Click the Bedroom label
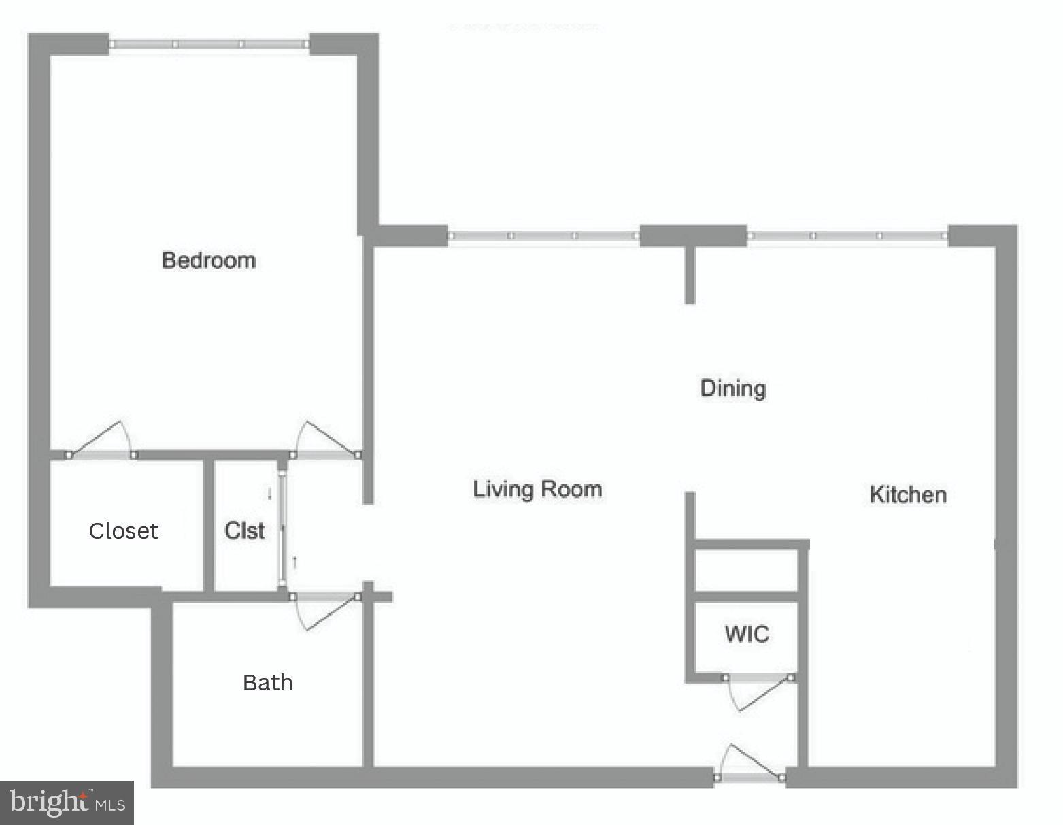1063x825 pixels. [209, 260]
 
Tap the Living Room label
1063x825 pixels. [537, 489]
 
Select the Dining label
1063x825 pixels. [733, 388]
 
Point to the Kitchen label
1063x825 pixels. [908, 494]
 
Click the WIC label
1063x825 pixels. [747, 634]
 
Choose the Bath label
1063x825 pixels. [267, 682]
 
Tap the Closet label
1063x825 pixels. [124, 531]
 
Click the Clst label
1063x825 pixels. [244, 531]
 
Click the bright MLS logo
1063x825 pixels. [67, 803]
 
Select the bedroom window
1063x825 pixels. [209, 44]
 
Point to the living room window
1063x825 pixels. [543, 236]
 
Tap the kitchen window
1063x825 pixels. [847, 236]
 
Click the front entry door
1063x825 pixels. [749, 776]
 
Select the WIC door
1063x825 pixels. [758, 678]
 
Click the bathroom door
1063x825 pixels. [325, 597]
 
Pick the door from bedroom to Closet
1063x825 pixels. [101, 454]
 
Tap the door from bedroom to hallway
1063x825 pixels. [326, 454]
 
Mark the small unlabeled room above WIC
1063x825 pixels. [745, 570]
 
